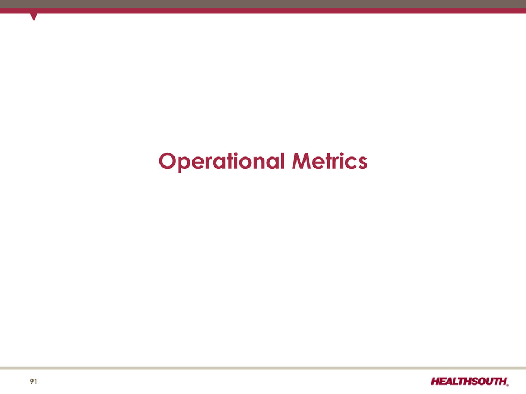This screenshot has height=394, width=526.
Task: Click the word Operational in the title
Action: pos(222,162)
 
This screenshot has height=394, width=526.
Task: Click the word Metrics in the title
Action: pos(330,161)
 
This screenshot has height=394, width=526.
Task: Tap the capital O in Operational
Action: pos(168,161)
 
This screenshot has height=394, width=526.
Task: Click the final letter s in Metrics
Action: pos(362,163)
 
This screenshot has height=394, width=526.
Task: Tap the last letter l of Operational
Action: pos(283,160)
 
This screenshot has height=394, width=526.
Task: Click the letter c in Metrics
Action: pos(350,163)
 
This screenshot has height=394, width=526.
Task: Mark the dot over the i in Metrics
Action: pos(341,154)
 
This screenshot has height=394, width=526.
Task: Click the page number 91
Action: pos(34,382)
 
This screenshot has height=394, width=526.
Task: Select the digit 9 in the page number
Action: pos(32,382)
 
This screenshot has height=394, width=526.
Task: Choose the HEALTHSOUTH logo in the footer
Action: pos(469,382)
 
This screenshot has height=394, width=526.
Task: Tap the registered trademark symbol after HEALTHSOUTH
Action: pos(508,385)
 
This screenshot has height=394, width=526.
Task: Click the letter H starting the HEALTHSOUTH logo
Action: pos(436,382)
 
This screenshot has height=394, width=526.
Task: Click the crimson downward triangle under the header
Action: pos(34,17)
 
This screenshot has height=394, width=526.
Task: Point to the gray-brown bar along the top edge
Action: pos(263,4)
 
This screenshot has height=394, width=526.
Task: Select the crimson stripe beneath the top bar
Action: pos(263,11)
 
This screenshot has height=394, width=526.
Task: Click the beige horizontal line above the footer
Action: pos(263,368)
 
